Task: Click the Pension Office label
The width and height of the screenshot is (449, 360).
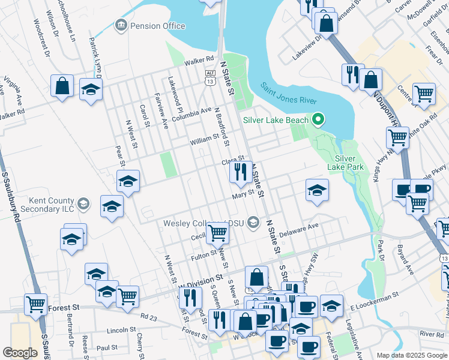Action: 157,26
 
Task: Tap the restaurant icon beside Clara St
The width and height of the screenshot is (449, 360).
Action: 240,172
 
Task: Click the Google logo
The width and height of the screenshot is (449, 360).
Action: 20,353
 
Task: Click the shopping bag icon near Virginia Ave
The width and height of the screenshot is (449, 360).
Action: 62,86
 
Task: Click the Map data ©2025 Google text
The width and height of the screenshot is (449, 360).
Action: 411,355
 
